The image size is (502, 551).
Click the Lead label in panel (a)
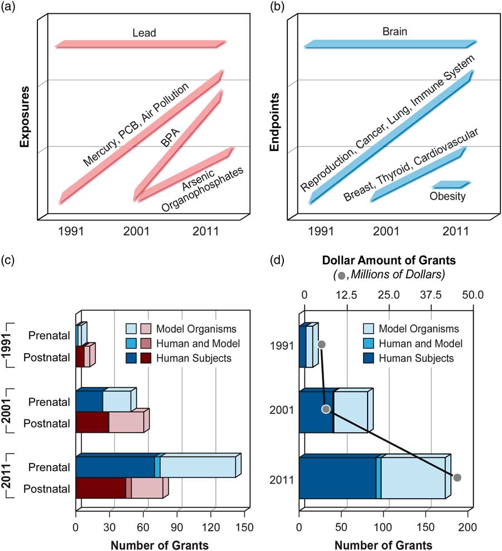143,33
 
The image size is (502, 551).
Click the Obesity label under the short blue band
447,196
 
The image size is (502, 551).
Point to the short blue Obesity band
451,184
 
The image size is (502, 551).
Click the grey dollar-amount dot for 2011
457,477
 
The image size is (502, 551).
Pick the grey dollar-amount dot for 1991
321,345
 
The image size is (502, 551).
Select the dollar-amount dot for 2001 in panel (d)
326,409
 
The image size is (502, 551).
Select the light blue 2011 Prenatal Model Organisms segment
197,467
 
